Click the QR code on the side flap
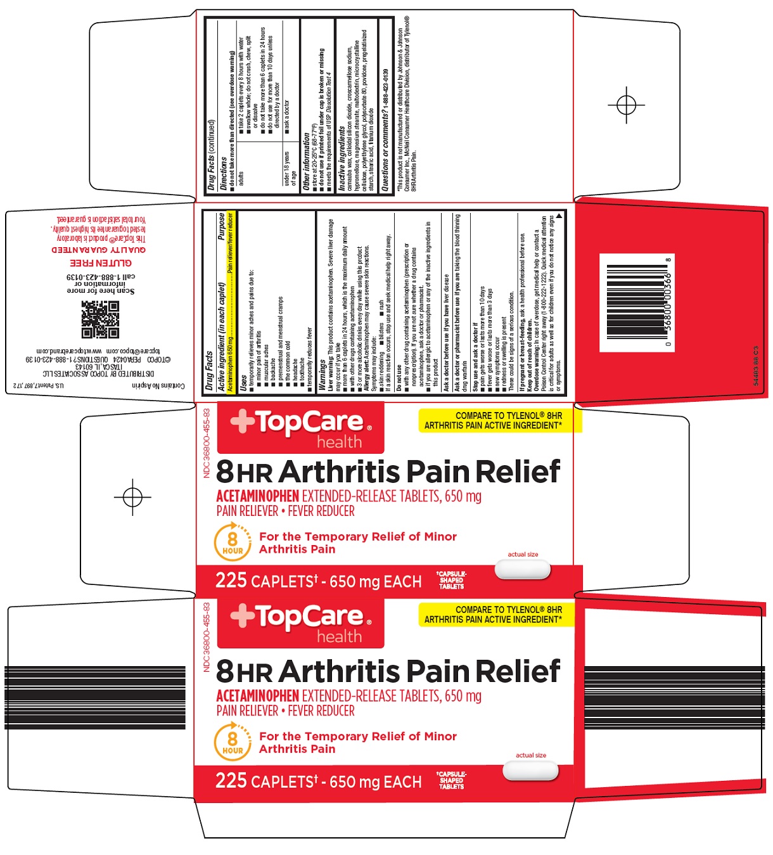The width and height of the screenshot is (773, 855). click(100, 319)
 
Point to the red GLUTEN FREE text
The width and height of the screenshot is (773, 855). click(101, 262)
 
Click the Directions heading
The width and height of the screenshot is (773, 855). click(223, 173)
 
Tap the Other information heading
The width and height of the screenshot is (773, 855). click(307, 162)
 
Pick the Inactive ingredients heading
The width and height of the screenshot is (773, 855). click(342, 158)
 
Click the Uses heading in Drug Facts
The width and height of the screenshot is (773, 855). click(243, 382)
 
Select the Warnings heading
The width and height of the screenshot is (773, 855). click(321, 375)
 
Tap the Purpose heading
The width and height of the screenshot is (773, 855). click(221, 226)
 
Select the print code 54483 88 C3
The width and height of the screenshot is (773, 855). click(755, 366)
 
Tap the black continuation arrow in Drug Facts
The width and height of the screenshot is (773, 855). click(559, 217)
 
